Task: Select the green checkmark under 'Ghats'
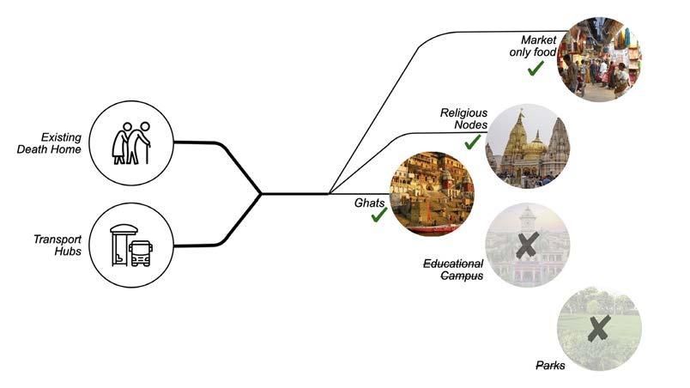[378, 215]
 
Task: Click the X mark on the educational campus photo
[527, 245]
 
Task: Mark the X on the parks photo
[599, 326]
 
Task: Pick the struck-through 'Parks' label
[550, 366]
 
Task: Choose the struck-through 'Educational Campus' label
[453, 270]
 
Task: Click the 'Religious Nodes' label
[463, 119]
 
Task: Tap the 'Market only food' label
[538, 46]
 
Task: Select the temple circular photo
[527, 147]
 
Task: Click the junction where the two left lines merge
[261, 193]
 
